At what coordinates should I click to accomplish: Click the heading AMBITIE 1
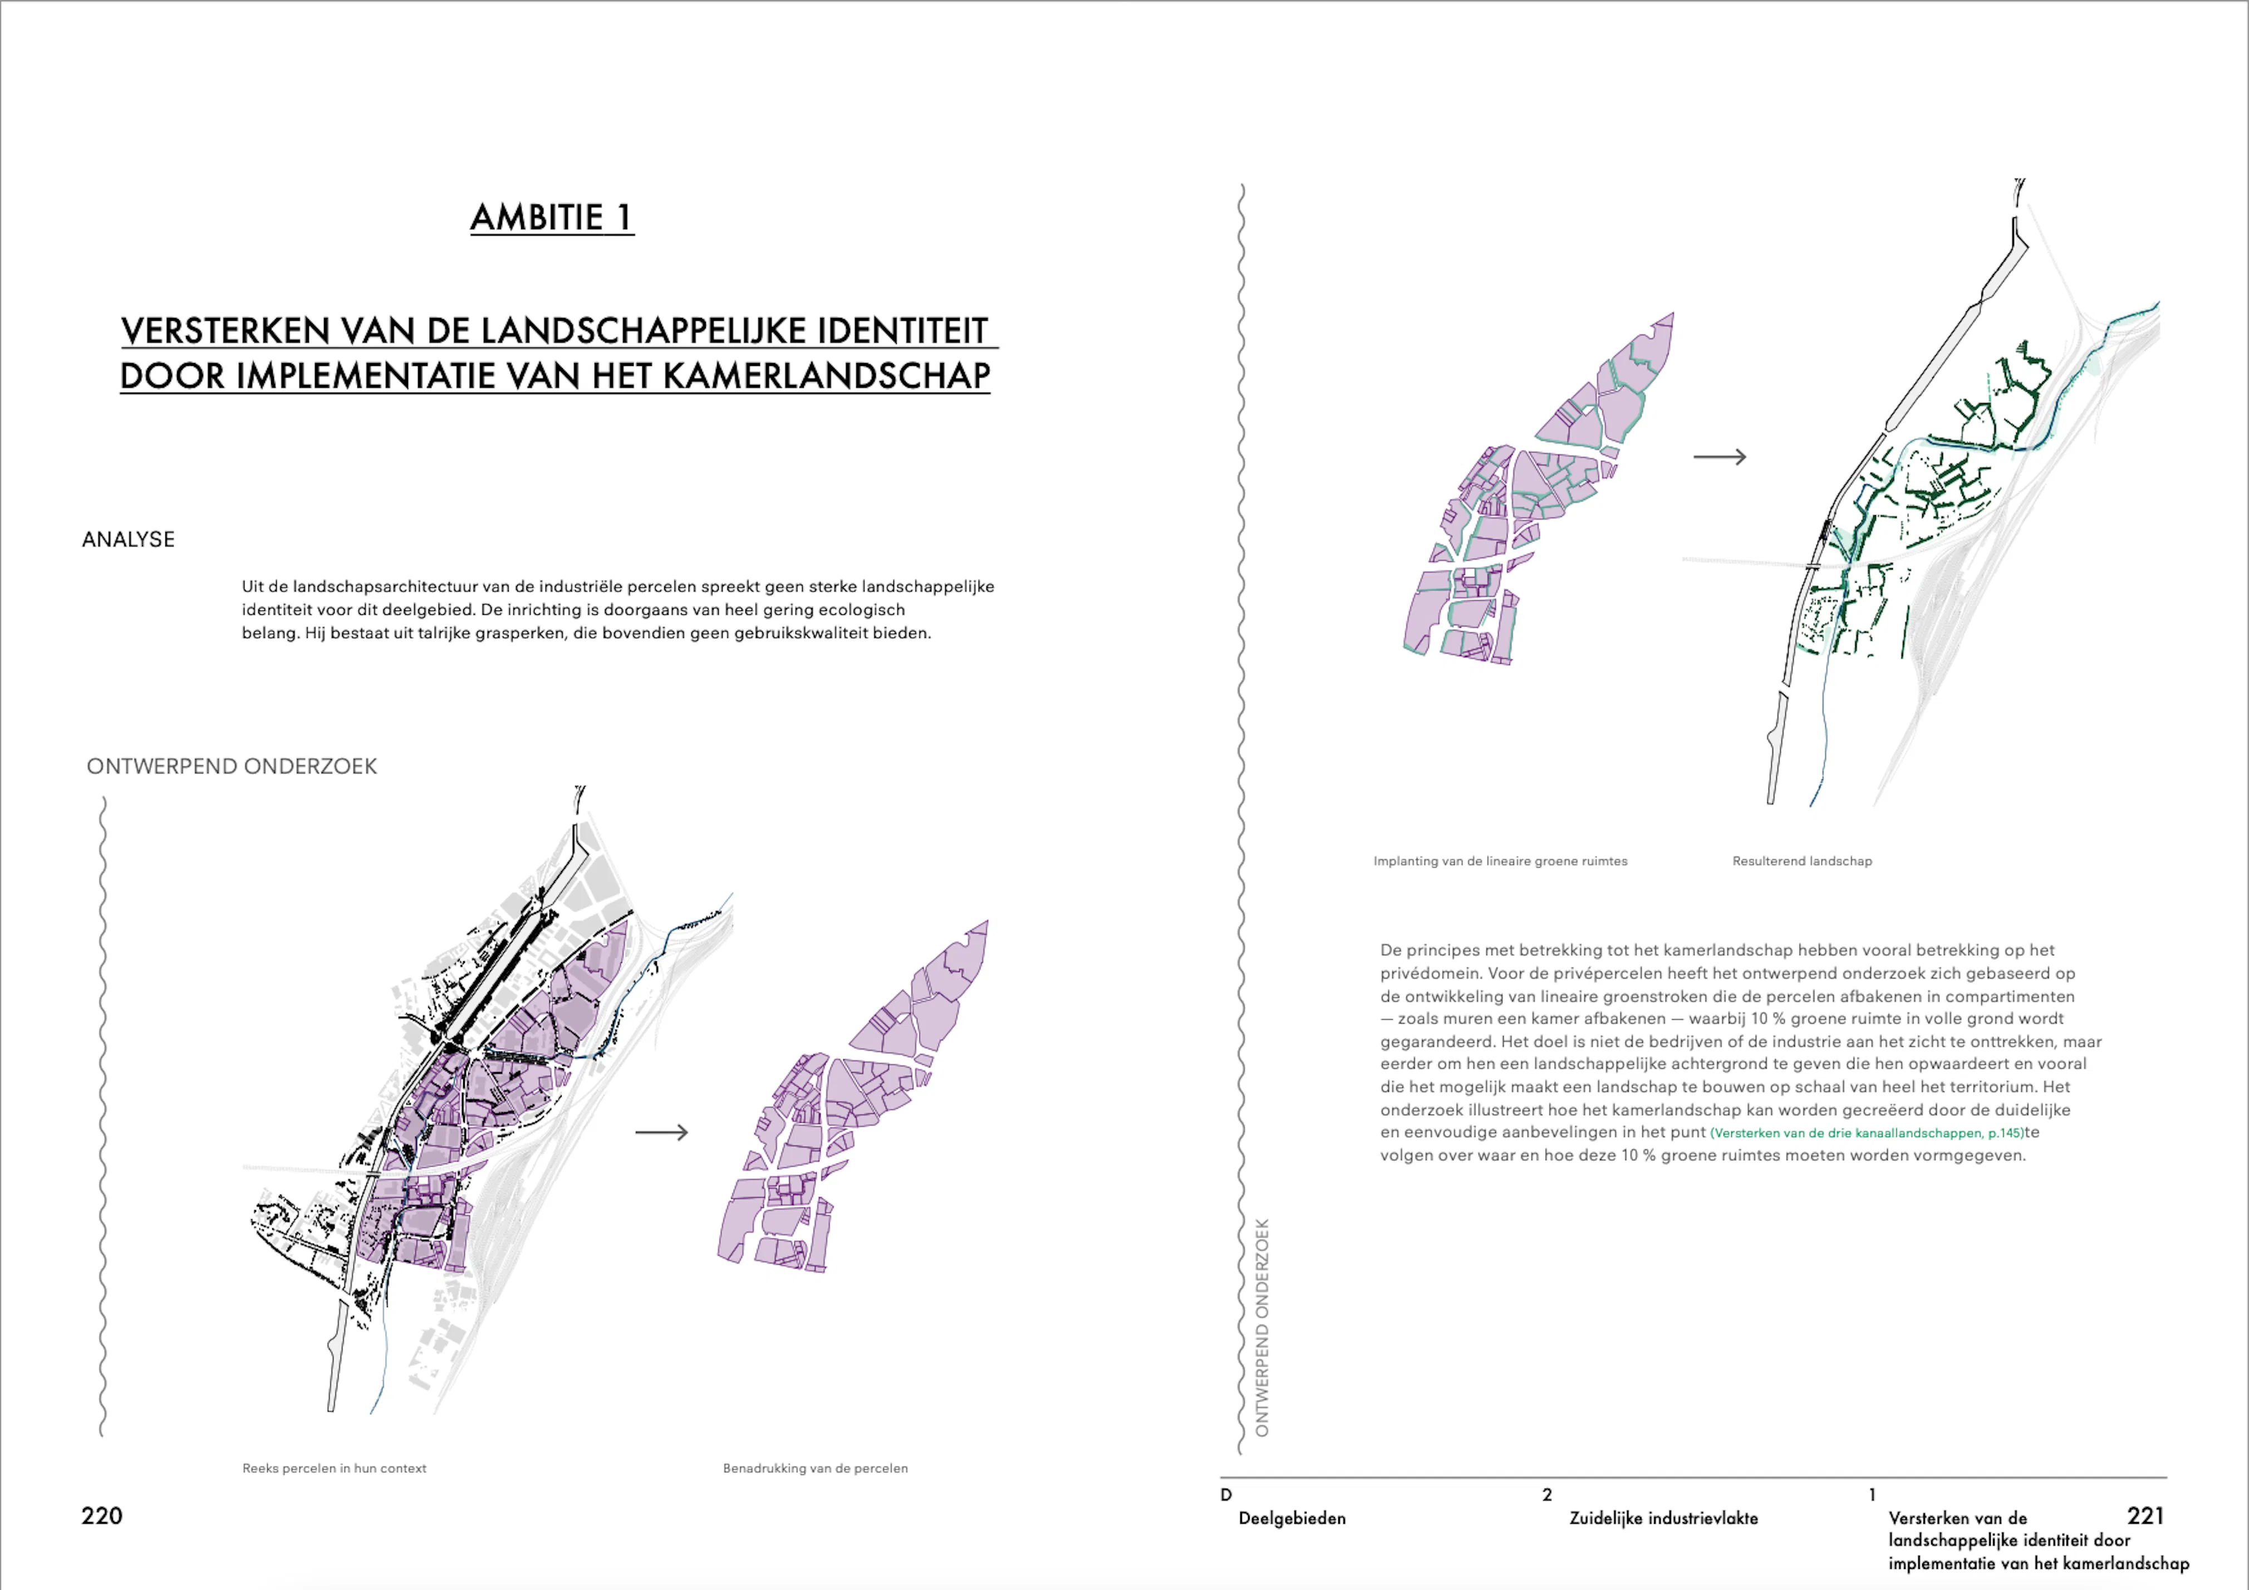click(552, 218)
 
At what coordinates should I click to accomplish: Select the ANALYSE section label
click(129, 540)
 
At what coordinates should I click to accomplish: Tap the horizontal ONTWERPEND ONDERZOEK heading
click(232, 766)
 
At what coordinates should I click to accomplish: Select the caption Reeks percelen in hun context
click(334, 1469)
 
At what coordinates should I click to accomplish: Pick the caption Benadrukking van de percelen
click(815, 1469)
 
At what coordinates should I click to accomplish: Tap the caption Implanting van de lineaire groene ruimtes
click(1501, 861)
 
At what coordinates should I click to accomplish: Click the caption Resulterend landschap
click(1803, 861)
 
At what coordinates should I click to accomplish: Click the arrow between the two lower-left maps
click(662, 1133)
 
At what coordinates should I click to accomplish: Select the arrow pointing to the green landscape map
click(1720, 457)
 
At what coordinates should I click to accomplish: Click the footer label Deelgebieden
click(1292, 1519)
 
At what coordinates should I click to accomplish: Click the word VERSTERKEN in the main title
click(225, 331)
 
